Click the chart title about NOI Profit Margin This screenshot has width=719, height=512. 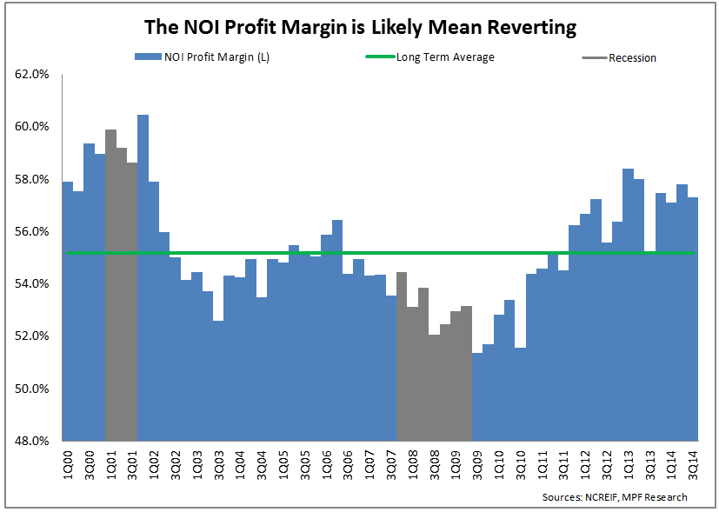coord(360,28)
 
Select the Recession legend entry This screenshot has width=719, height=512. coord(632,58)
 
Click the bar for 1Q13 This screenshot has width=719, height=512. coord(628,304)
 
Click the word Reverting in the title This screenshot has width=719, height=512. coord(531,28)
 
